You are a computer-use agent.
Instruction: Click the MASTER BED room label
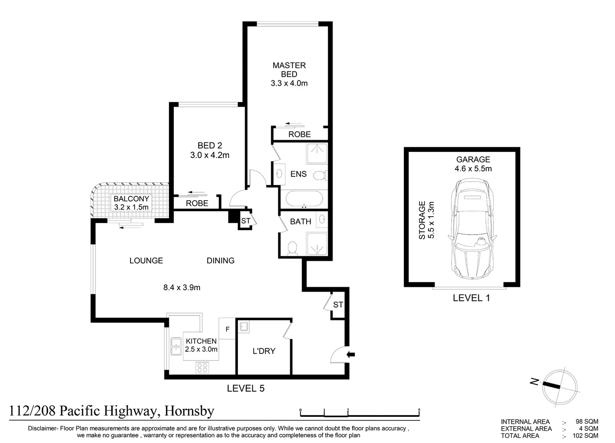[289, 70]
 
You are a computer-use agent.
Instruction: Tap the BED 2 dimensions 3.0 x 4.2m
[210, 155]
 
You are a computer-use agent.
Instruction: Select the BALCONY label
[131, 199]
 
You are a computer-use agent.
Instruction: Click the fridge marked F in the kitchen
[227, 329]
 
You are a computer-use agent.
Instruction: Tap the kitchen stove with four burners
[202, 367]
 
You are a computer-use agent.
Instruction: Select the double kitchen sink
[176, 347]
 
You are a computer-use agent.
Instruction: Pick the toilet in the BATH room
[293, 248]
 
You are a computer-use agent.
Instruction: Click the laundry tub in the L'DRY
[244, 327]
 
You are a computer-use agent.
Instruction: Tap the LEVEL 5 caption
[246, 388]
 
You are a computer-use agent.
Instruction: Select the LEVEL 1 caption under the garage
[471, 298]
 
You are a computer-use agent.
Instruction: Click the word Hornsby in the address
[189, 411]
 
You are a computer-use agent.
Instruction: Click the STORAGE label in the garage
[422, 220]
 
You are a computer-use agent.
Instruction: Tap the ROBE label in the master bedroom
[299, 135]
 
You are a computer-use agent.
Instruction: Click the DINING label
[221, 260]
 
